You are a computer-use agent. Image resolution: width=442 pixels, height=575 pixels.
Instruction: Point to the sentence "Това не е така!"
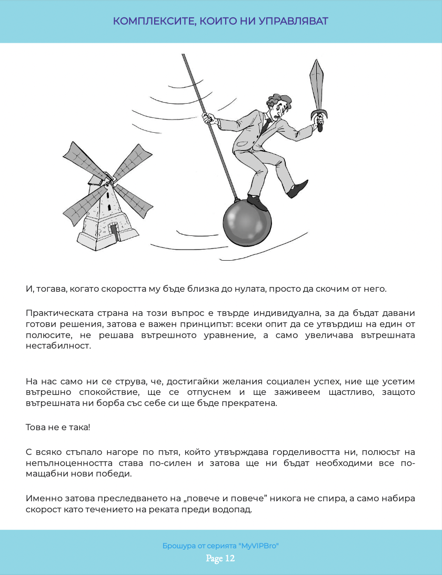coord(58,427)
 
